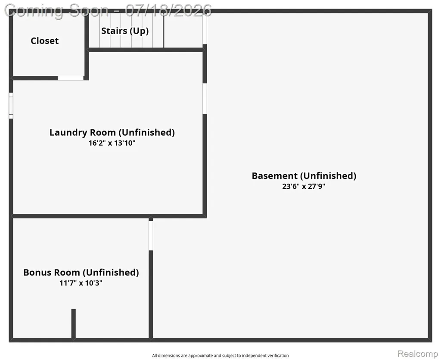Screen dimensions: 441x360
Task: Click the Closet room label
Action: tap(45, 41)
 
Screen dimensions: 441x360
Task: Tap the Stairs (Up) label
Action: tap(125, 31)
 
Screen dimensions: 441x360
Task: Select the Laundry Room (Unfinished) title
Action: tap(112, 132)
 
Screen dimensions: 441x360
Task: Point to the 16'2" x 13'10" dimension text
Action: tap(112, 143)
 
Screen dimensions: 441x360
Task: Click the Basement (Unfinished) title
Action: tap(304, 175)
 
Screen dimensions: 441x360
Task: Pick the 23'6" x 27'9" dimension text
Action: tap(304, 186)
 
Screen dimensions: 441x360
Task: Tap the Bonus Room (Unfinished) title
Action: tap(81, 272)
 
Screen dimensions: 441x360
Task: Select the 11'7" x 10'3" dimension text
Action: tap(81, 283)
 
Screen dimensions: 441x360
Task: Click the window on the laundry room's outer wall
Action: tap(11, 106)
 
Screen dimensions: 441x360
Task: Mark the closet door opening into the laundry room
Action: tap(71, 78)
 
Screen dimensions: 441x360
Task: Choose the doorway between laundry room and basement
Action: tap(205, 98)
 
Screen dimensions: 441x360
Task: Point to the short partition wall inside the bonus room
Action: tap(73, 324)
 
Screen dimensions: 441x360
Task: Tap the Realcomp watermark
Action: tap(417, 354)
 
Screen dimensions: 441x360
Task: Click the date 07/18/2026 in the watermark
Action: tap(168, 10)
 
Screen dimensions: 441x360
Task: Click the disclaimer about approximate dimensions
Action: tap(220, 356)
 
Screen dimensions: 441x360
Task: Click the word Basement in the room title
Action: tap(274, 175)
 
